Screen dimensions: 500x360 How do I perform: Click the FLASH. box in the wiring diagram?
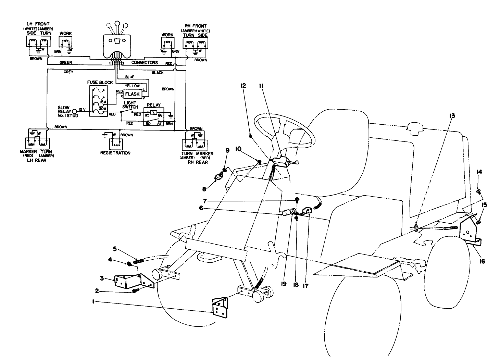point(133,94)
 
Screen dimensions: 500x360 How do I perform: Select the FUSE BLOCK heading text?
point(100,83)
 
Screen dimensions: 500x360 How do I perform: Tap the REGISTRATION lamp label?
point(115,153)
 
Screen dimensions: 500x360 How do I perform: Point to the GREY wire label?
point(68,72)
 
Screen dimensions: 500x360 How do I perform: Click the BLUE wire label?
point(130,77)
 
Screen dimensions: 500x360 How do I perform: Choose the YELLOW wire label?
point(132,86)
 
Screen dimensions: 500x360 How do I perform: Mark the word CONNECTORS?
point(145,63)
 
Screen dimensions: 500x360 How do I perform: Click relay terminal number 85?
point(147,115)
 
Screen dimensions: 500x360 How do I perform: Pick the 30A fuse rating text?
point(103,109)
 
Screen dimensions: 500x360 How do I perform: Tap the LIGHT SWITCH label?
point(130,105)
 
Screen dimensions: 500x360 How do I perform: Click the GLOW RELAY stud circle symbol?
point(75,111)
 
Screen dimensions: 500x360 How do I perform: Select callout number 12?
point(243,86)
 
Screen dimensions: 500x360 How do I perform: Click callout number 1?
point(93,301)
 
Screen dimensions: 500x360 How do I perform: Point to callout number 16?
point(483,261)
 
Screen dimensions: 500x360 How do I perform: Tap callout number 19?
point(284,284)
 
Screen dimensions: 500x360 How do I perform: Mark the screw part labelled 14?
point(478,191)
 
